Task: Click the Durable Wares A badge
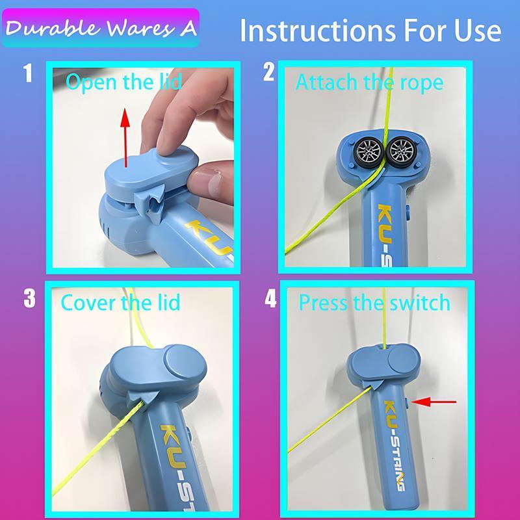(x=101, y=28)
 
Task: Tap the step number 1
(x=27, y=73)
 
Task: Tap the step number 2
(x=268, y=73)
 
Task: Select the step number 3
(x=29, y=298)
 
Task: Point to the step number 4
(x=270, y=299)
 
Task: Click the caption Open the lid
(x=124, y=83)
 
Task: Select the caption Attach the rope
(x=369, y=83)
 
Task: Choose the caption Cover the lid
(x=120, y=302)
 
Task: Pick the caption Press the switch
(x=374, y=302)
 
